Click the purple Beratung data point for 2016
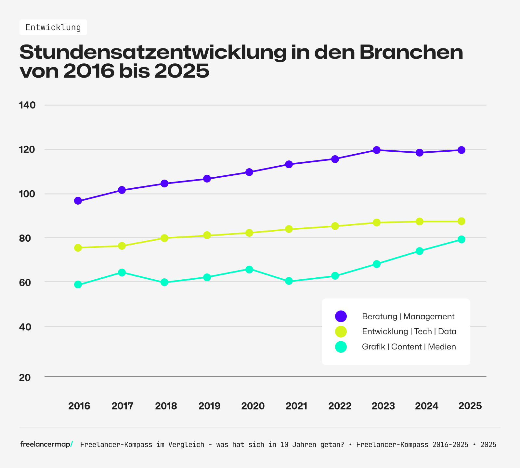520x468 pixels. point(78,201)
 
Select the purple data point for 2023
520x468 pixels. point(377,150)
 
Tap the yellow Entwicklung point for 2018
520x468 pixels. point(164,238)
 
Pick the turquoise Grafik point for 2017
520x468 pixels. point(122,272)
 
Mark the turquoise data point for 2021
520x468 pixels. point(289,281)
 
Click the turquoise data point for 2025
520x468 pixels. point(461,239)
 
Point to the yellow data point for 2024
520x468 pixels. point(420,221)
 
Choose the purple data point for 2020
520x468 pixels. point(249,172)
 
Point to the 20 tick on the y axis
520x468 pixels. point(25,378)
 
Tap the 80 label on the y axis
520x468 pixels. point(25,238)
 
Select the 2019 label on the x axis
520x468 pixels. point(209,406)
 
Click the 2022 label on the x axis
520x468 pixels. point(340,406)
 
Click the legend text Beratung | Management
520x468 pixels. point(408,316)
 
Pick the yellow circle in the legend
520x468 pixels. point(341,331)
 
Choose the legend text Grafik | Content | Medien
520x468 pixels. point(409,347)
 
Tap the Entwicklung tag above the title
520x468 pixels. point(53,27)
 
